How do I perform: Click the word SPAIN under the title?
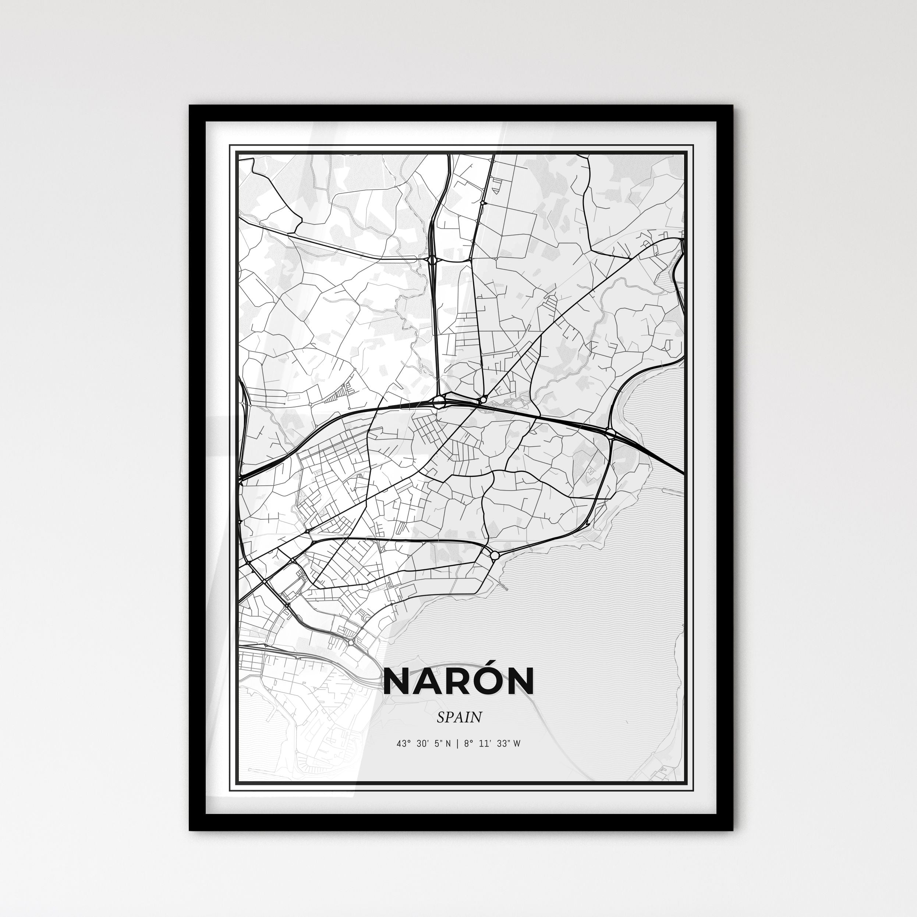pyautogui.click(x=459, y=717)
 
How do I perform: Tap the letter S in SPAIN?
pyautogui.click(x=441, y=717)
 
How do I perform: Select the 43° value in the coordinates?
pyautogui.click(x=403, y=744)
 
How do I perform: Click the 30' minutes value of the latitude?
pyautogui.click(x=422, y=744)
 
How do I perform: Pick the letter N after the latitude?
pyautogui.click(x=449, y=744)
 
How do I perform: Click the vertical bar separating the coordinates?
pyautogui.click(x=457, y=744)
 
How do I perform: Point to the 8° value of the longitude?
pyautogui.click(x=469, y=744)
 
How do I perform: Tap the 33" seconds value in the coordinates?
pyautogui.click(x=504, y=744)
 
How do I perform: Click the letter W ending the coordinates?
pyautogui.click(x=517, y=744)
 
